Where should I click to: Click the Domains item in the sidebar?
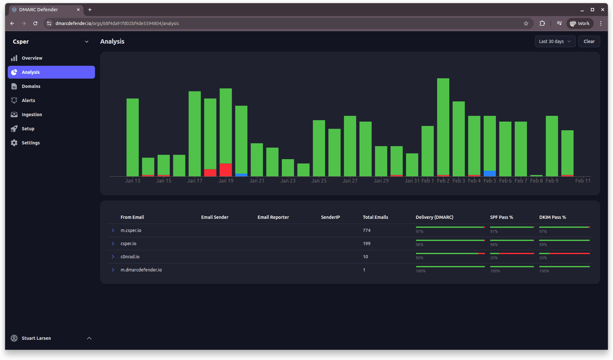31,86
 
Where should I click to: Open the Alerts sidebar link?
28,100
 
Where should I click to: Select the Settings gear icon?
14,143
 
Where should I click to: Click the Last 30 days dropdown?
555,41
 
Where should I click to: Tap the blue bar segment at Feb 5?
489,173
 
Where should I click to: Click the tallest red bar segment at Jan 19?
226,170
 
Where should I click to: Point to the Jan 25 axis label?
319,181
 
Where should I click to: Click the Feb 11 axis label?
583,181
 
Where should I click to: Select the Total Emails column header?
375,217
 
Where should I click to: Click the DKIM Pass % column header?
552,217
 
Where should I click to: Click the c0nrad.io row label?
130,257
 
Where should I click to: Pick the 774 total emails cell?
367,230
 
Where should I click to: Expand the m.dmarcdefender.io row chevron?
113,270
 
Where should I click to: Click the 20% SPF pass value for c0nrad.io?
494,258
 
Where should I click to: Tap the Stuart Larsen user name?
36,338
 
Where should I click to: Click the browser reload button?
35,23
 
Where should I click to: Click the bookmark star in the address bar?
526,23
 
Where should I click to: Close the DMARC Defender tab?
78,10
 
